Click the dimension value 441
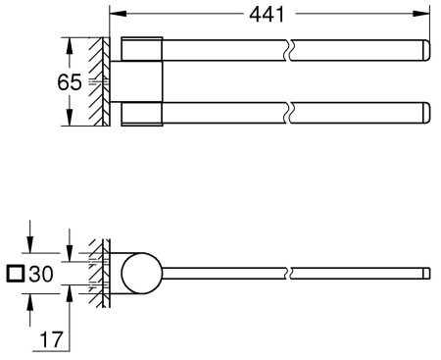click(266, 14)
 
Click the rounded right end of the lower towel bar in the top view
click(425, 113)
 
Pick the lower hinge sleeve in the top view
click(143, 113)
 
